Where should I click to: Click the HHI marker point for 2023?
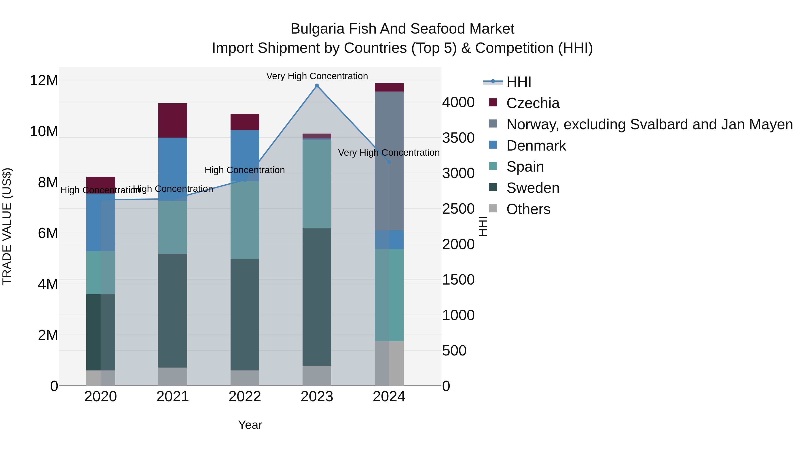tap(317, 86)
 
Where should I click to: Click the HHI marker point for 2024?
tap(389, 162)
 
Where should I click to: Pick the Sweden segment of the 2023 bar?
tap(317, 297)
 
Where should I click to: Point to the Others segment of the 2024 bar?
tap(389, 363)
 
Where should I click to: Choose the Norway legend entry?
tap(649, 124)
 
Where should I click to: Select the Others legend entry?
tap(528, 209)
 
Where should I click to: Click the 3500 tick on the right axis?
tap(458, 138)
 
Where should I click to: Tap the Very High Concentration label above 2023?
tap(317, 76)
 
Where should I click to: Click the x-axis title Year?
tap(250, 425)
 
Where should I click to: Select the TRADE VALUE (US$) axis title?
tap(7, 226)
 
